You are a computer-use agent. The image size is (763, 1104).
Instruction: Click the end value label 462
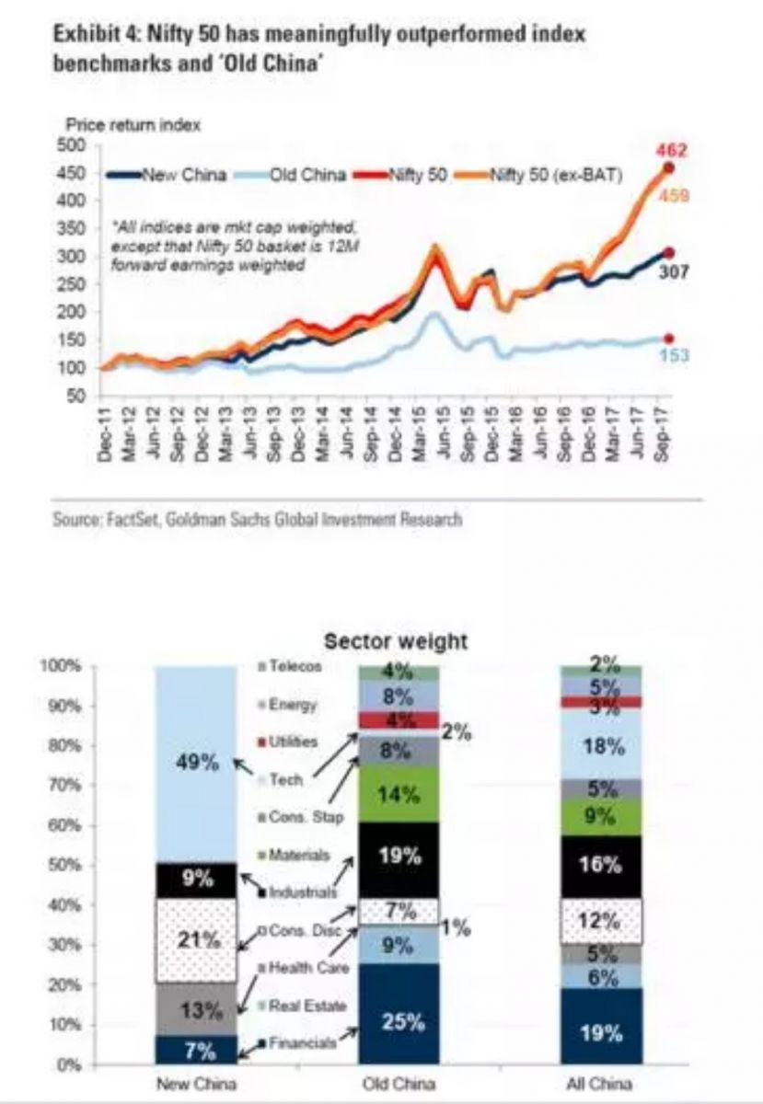[673, 150]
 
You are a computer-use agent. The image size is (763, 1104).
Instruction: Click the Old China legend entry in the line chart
[307, 175]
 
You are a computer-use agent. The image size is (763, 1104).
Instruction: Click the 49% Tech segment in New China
[194, 762]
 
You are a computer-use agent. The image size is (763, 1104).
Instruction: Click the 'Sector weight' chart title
[396, 640]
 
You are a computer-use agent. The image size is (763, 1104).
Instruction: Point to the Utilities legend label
[294, 741]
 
